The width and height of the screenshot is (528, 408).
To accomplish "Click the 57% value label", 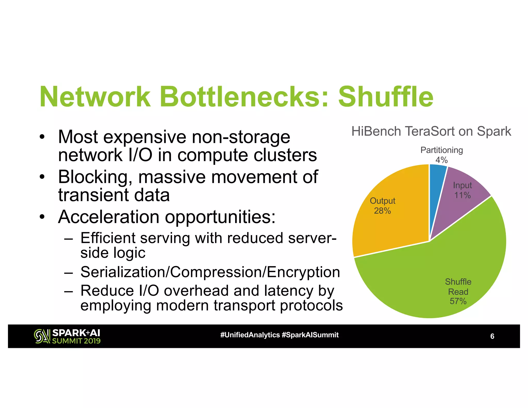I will point(458,301).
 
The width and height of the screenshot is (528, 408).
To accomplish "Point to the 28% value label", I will point(382,211).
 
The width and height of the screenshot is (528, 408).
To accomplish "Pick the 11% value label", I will point(463,195).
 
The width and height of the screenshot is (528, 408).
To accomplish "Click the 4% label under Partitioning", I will point(441,160).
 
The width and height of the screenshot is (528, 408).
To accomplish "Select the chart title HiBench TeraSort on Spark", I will point(431,131).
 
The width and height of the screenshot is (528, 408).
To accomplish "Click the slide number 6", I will point(492,336).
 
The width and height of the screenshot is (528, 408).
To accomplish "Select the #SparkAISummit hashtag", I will point(310,335).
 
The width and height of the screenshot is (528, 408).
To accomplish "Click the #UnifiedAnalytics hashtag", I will point(250,335).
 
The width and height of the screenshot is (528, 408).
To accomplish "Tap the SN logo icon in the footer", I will point(42,336).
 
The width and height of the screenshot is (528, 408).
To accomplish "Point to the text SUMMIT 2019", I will point(76,341).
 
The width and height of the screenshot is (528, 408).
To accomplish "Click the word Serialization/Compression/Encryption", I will point(210,272).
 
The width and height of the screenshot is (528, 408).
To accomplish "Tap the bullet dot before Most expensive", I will point(42,137).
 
